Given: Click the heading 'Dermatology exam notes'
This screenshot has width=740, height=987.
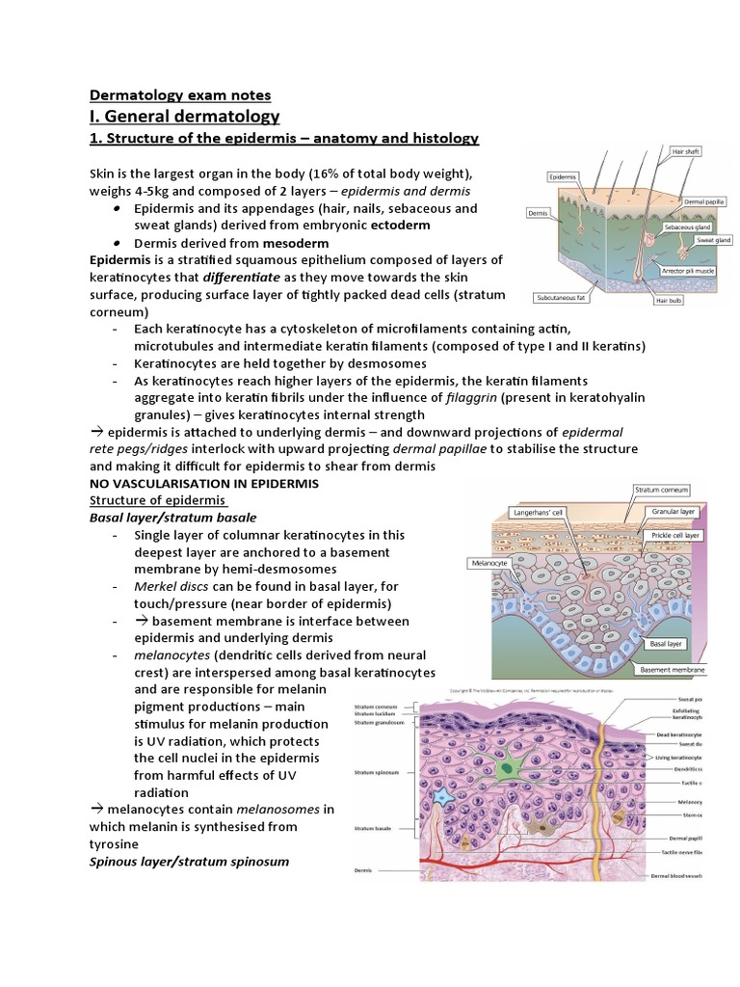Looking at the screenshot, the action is (x=180, y=94).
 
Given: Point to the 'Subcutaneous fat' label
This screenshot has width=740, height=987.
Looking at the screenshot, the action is (x=563, y=299).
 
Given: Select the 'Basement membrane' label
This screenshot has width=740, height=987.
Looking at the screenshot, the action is (x=673, y=669).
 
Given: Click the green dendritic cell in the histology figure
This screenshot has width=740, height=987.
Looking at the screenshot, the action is (x=507, y=767).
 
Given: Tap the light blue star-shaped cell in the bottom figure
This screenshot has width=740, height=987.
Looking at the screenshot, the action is (x=445, y=800).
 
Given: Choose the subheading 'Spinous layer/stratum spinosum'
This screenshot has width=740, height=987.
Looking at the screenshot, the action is (x=188, y=860).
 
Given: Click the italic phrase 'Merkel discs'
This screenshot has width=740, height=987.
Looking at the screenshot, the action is (x=171, y=586).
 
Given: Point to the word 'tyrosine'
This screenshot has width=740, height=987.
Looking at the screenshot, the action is (x=117, y=843).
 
